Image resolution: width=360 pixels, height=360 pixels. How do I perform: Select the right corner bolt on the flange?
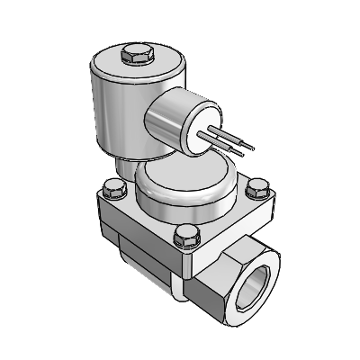point(256,188)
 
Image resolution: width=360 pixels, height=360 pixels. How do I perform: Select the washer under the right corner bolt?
point(256,197)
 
